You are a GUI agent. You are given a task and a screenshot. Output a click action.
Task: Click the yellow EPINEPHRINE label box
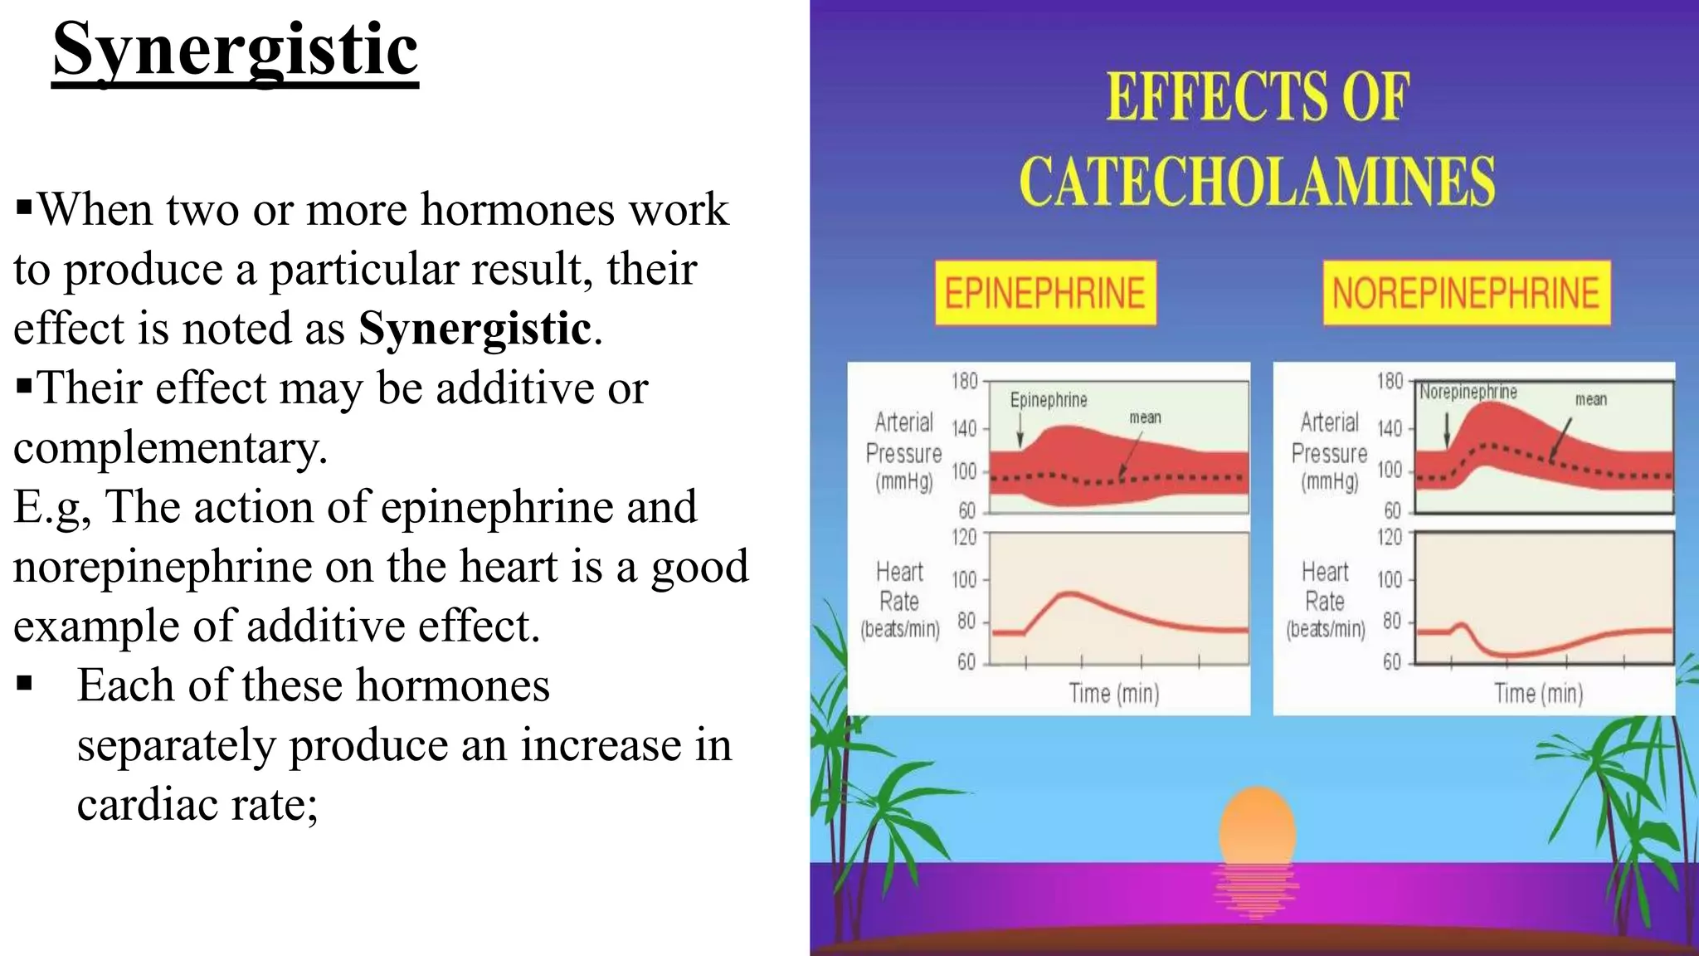pyautogui.click(x=1045, y=294)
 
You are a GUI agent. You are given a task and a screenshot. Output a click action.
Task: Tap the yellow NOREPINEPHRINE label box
pyautogui.click(x=1466, y=294)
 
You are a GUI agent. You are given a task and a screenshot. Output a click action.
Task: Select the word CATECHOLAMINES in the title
pyautogui.click(x=1257, y=181)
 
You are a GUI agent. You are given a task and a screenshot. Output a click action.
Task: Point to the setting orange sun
pyautogui.click(x=1257, y=826)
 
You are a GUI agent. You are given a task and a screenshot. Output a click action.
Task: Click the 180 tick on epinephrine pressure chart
pyautogui.click(x=965, y=381)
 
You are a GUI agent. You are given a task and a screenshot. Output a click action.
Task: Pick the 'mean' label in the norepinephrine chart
pyautogui.click(x=1590, y=400)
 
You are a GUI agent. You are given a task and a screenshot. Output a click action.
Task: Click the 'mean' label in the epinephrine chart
pyautogui.click(x=1145, y=417)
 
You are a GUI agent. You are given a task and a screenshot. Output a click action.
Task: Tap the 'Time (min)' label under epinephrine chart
pyautogui.click(x=1113, y=693)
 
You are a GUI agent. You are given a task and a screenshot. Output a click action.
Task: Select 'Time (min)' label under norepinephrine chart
pyautogui.click(x=1538, y=693)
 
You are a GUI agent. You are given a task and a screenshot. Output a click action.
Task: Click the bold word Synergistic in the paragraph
pyautogui.click(x=475, y=329)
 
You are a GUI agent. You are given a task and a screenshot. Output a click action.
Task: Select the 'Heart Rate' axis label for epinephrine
pyautogui.click(x=899, y=587)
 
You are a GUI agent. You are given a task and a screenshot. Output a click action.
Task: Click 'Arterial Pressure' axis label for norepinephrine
pyautogui.click(x=1329, y=437)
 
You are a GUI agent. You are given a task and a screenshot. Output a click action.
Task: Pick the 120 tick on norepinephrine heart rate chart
pyautogui.click(x=1390, y=537)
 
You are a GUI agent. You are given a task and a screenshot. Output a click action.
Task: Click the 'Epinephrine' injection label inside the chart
pyautogui.click(x=1049, y=400)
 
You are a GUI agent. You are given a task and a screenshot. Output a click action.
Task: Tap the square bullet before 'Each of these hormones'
pyautogui.click(x=25, y=685)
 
